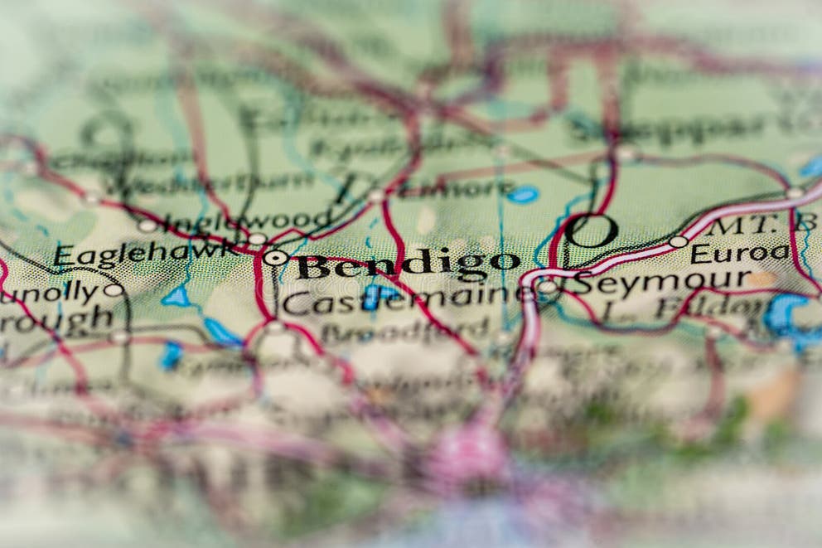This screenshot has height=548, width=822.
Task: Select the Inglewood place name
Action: pos(248,221)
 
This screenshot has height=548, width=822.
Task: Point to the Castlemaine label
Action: pos(406,300)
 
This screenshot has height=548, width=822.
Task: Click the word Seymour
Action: pos(661,283)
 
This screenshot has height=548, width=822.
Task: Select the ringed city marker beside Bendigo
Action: pos(276,258)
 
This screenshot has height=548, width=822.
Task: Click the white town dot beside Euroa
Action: pos(679,241)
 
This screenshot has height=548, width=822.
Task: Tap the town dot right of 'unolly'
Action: pos(113,290)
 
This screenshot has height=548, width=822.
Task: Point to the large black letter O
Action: pos(592,231)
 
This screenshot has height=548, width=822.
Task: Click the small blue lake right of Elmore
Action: pos(522,195)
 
